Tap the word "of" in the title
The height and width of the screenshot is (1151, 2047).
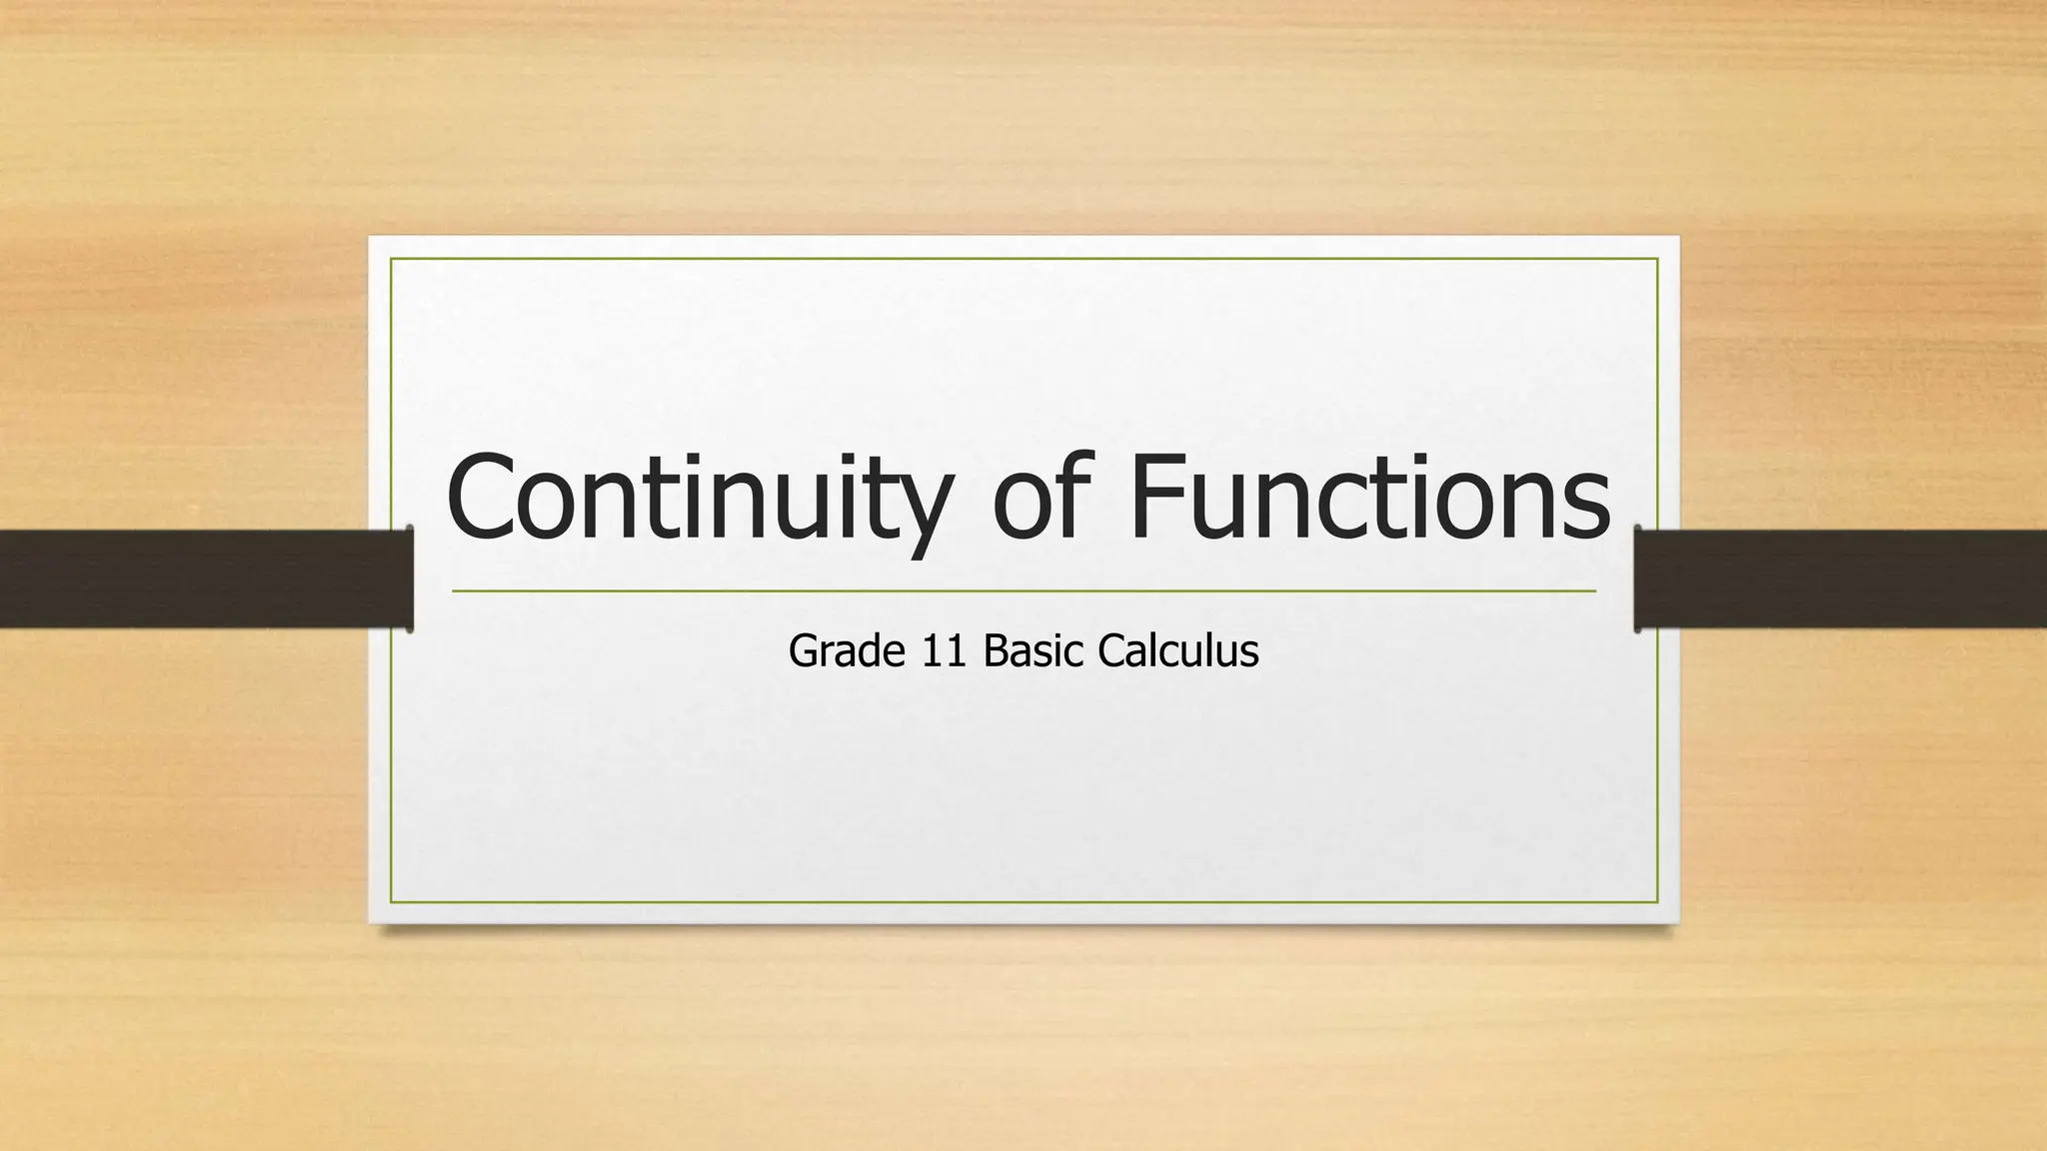tap(1037, 498)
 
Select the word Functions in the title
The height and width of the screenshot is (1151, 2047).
tap(1369, 498)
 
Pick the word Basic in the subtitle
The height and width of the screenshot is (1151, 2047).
tap(1033, 651)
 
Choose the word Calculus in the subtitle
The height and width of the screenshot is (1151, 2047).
tap(1177, 651)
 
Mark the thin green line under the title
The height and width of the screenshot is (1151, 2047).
tap(1023, 591)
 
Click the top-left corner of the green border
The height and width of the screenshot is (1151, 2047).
tap(391, 259)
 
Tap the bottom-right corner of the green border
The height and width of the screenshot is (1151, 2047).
tap(1657, 902)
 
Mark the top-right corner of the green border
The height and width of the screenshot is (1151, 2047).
tap(1657, 259)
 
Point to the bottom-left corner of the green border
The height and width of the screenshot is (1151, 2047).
tap(391, 902)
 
